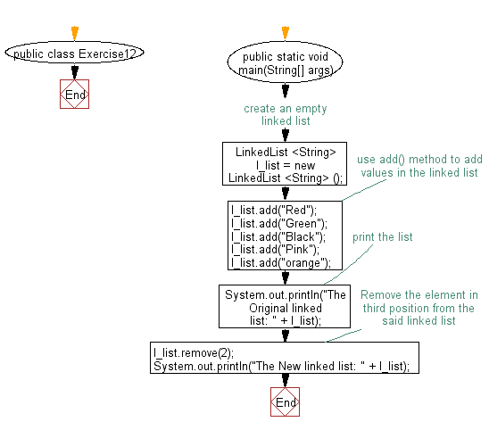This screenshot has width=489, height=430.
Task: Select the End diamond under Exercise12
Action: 75,95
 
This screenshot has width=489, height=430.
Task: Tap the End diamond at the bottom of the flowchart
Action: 286,402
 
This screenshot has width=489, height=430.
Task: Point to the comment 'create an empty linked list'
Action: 285,114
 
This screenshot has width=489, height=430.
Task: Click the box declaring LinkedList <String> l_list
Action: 285,165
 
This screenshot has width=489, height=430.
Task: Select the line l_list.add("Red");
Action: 261,210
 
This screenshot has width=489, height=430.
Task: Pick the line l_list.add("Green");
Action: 267,223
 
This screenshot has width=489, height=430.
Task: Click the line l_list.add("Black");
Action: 266,236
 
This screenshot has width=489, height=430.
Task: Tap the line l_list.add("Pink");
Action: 263,250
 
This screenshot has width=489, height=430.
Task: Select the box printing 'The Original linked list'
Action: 285,307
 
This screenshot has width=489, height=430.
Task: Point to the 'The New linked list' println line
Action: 286,367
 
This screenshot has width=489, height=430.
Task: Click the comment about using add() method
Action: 418,166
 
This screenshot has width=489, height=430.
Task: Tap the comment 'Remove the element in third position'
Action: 418,307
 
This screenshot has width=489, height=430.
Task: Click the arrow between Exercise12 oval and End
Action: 74,72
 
